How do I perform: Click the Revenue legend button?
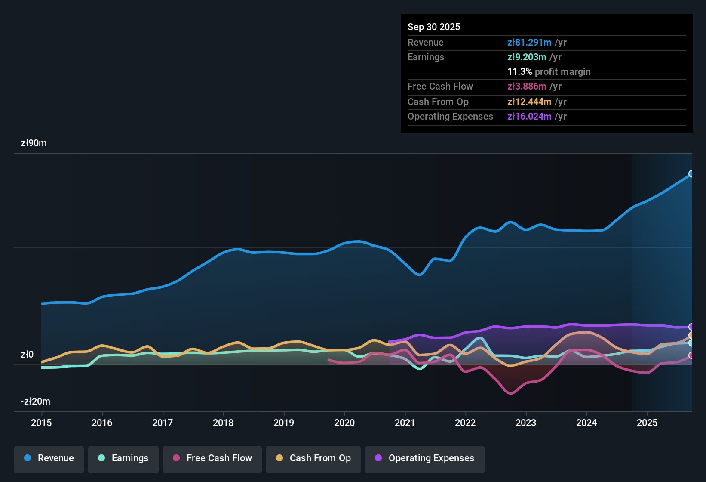49,458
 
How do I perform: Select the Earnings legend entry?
123,458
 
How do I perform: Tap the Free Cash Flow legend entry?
212,458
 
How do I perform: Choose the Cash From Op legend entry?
313,458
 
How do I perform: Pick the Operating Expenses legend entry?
424,458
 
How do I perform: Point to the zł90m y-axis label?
34,143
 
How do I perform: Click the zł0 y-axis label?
27,355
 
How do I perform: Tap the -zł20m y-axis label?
35,402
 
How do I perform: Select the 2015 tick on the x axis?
41,423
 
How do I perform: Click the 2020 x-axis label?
344,423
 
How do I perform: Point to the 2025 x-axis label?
647,423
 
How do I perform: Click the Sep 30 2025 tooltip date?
433,27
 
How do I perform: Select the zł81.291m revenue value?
529,43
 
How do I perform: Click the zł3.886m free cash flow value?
527,87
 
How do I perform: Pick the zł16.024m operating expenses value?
529,117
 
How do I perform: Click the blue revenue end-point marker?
691,174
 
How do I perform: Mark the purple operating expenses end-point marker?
691,327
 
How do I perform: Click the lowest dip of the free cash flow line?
510,393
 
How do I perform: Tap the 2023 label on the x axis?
526,423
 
